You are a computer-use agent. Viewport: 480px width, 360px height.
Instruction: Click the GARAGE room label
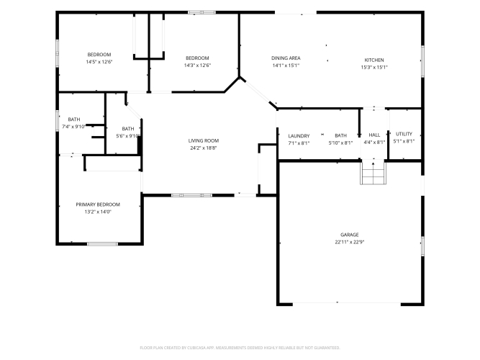(x=349, y=235)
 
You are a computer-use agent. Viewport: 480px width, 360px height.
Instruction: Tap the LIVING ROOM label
(x=204, y=140)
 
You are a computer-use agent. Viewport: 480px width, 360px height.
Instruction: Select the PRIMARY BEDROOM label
(x=98, y=204)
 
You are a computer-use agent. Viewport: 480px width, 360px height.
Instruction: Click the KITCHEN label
(x=374, y=60)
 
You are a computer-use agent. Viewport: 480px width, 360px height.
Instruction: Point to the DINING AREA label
(x=286, y=58)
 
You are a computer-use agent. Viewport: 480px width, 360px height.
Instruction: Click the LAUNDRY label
(x=299, y=136)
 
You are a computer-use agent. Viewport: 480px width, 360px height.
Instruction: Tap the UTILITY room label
(x=404, y=134)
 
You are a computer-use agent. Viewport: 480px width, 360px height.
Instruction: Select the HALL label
(x=374, y=135)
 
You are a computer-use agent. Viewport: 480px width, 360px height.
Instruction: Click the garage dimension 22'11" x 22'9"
(x=349, y=242)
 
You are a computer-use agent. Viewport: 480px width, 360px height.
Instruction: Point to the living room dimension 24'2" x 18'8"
(x=204, y=148)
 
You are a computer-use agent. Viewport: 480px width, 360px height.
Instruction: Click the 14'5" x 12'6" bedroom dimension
(x=99, y=62)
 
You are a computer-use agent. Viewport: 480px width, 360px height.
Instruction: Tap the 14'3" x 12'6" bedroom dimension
(x=197, y=66)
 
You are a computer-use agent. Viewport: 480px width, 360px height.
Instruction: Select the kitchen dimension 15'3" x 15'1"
(x=374, y=68)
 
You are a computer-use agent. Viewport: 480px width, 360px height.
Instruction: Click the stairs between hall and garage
(x=373, y=172)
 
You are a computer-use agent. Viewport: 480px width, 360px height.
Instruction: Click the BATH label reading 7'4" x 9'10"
(x=74, y=120)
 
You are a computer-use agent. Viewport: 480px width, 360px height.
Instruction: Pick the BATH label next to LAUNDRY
(x=340, y=135)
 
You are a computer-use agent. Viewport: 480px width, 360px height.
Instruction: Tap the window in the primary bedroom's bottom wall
(x=103, y=244)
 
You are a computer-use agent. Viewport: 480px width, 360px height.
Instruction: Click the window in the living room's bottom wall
(x=191, y=195)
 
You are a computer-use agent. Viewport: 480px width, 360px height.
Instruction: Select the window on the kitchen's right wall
(x=422, y=61)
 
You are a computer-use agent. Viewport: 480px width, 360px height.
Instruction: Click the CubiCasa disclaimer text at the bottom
(x=240, y=348)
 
